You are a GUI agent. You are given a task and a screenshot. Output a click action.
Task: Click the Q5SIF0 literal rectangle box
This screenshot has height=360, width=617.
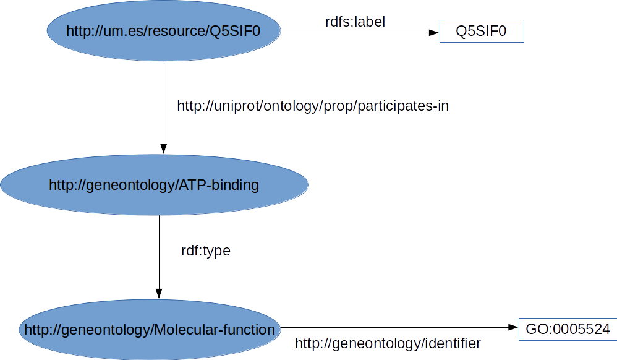[482, 31]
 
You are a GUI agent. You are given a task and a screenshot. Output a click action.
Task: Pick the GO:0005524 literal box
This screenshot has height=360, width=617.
[568, 329]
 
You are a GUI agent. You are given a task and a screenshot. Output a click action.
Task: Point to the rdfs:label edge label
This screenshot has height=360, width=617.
[355, 22]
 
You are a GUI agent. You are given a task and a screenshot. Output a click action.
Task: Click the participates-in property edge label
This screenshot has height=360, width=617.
[313, 106]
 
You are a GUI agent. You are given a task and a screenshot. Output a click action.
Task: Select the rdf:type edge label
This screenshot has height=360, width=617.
[205, 251]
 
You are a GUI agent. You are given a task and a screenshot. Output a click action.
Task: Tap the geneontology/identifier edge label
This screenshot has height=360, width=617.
[388, 343]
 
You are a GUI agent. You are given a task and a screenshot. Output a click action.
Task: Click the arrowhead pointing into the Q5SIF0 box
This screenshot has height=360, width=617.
[434, 32]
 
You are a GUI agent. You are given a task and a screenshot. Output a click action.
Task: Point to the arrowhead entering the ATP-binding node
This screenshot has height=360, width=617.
[164, 148]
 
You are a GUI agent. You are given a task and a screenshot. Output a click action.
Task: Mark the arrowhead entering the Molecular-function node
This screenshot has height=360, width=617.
[159, 293]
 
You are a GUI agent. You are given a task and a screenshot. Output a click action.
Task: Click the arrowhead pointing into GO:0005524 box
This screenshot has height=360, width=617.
[513, 328]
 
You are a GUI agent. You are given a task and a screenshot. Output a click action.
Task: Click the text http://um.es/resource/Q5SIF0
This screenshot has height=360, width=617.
[164, 32]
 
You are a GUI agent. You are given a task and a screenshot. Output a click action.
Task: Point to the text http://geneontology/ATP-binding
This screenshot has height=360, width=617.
[154, 184]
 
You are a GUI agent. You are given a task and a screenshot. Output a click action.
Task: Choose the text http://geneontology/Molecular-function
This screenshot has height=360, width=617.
[149, 330]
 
